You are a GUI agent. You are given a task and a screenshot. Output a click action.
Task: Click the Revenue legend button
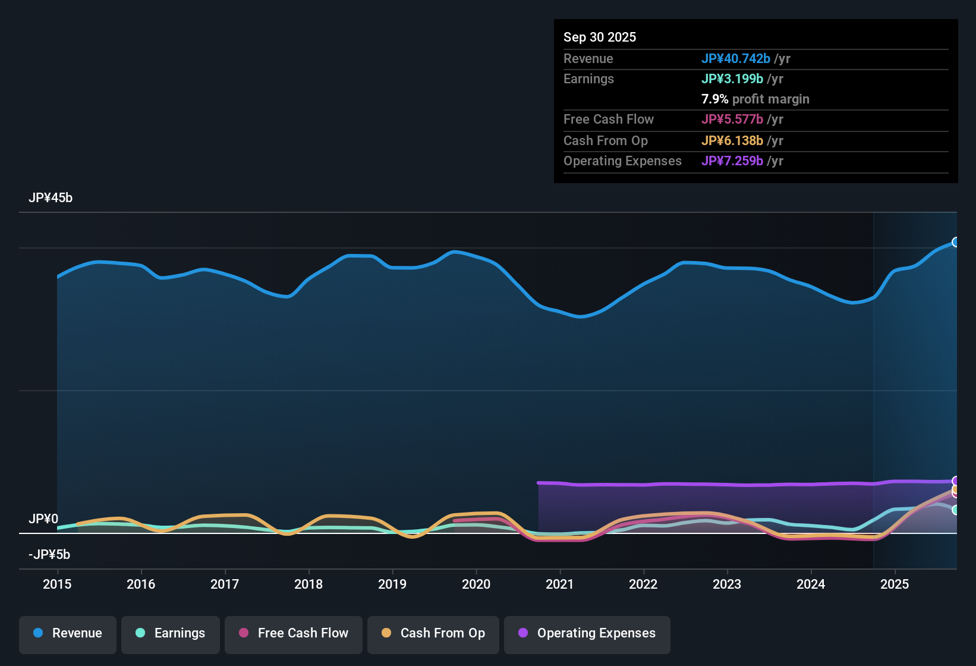click(x=68, y=633)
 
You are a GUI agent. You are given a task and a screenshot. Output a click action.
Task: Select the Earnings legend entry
click(x=171, y=633)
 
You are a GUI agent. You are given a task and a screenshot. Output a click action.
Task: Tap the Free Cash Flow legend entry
click(x=294, y=633)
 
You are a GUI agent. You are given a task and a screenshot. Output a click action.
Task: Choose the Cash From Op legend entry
click(x=433, y=633)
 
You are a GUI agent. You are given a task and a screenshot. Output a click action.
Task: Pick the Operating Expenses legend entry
click(x=587, y=633)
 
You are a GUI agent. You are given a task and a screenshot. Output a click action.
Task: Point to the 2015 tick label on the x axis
click(x=57, y=584)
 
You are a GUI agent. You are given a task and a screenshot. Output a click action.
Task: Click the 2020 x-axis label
click(x=476, y=584)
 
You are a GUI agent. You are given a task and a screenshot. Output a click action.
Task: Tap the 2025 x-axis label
click(x=895, y=584)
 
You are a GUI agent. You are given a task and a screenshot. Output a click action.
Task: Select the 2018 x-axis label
click(x=308, y=584)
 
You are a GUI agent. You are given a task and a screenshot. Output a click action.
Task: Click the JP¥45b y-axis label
click(x=51, y=198)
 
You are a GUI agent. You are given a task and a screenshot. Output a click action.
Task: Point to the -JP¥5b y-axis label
click(x=49, y=555)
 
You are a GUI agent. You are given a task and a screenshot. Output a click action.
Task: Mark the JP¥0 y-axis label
click(x=43, y=519)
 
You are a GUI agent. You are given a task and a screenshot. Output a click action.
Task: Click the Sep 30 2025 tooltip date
click(x=600, y=37)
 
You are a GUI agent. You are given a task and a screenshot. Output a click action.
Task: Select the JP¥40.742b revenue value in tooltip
click(x=736, y=59)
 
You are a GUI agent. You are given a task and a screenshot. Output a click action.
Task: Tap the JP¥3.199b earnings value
click(x=732, y=79)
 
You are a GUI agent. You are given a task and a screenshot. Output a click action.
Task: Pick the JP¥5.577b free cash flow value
click(x=732, y=120)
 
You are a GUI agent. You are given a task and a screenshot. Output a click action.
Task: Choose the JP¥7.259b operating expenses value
click(x=732, y=161)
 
